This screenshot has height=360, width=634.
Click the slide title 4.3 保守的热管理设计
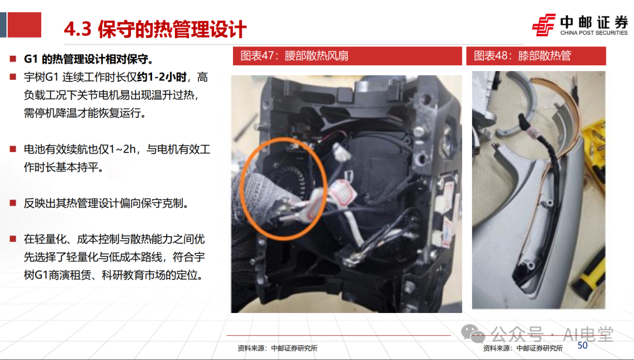point(155,29)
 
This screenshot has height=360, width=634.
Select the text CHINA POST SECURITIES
point(593,33)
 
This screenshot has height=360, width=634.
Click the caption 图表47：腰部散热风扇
point(294,56)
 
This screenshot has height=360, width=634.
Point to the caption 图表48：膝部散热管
point(522,56)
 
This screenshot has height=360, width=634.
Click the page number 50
point(582,345)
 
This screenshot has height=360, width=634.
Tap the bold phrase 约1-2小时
point(162,78)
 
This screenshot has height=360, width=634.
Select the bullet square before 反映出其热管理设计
point(13,203)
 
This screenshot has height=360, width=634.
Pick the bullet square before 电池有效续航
point(13,149)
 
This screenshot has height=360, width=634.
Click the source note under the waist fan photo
point(277,348)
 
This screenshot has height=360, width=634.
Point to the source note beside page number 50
point(523,348)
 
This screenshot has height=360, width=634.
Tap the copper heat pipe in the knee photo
point(576,117)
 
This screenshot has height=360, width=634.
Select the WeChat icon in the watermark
point(473,334)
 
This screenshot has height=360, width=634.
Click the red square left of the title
point(24,25)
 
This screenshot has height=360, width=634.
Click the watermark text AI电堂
point(588,334)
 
